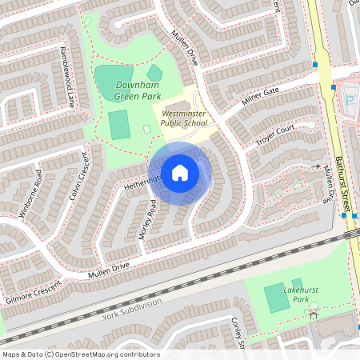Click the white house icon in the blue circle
click(180, 172)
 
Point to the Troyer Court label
click(274, 134)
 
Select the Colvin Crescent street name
click(78, 177)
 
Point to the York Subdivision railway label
click(132, 308)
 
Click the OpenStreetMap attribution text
click(80, 354)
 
